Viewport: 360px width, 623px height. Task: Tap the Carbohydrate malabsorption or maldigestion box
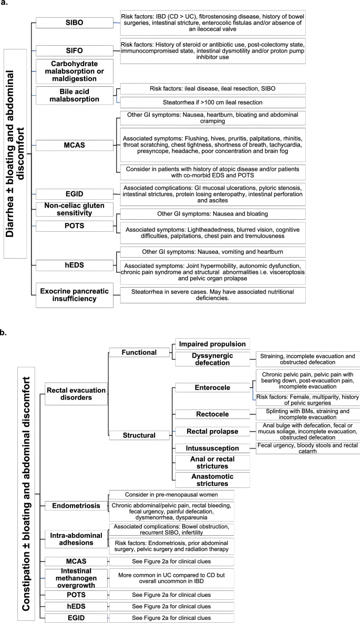pos(73,71)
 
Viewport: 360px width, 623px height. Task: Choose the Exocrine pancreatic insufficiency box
pos(73,295)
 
